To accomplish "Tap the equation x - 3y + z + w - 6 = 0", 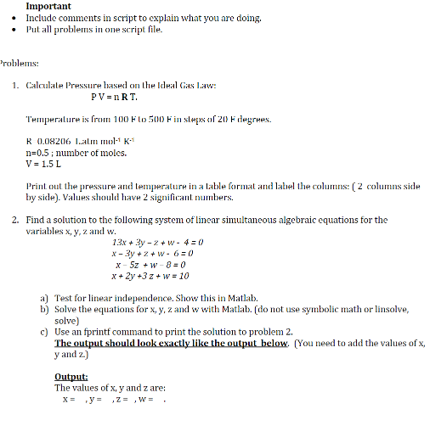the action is click(x=158, y=254).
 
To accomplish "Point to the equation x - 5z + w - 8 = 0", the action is click(x=158, y=265).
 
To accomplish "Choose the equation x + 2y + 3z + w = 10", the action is click(x=158, y=276).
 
